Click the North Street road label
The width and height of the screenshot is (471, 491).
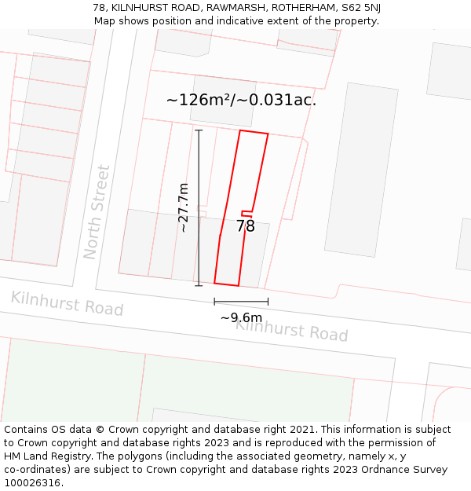[x=97, y=211]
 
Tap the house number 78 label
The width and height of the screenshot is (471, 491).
[x=246, y=226]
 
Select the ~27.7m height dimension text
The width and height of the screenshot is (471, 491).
[x=184, y=207]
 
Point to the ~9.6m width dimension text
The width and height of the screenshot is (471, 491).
[x=240, y=317]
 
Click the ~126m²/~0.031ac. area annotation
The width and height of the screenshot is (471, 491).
[x=241, y=100]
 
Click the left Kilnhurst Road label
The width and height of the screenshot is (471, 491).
[x=67, y=302]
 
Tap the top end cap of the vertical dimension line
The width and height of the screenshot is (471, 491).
[x=199, y=130]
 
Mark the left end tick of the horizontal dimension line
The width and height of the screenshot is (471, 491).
[x=214, y=301]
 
